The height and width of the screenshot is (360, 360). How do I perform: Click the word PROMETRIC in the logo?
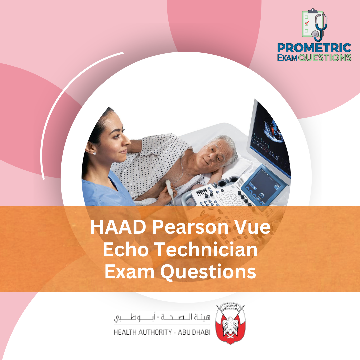tap(314, 47)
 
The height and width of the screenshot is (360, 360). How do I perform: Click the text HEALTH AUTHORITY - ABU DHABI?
tap(162, 333)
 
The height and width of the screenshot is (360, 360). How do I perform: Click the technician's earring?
tap(95, 153)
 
